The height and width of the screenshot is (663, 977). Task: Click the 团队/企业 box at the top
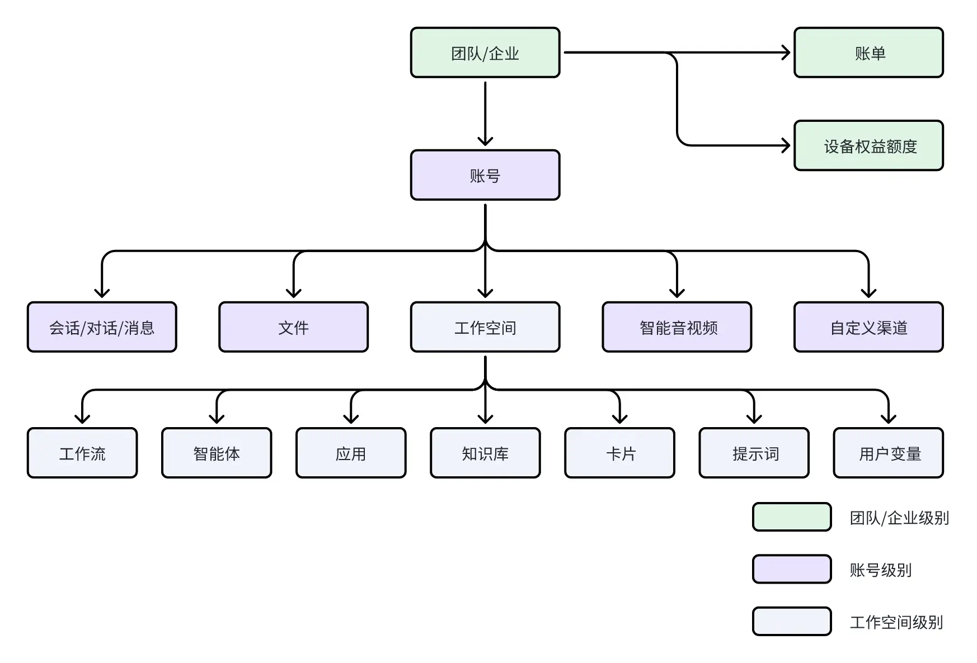pyautogui.click(x=485, y=53)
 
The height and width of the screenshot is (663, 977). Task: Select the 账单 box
pyautogui.click(x=868, y=53)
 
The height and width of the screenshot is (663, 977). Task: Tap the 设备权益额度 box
pyautogui.click(x=868, y=145)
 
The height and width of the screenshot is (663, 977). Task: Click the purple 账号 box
pyautogui.click(x=485, y=175)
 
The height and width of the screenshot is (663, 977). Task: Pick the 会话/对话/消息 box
pyautogui.click(x=102, y=327)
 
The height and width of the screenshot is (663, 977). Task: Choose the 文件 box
pyautogui.click(x=293, y=327)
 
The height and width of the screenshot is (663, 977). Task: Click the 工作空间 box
pyautogui.click(x=485, y=327)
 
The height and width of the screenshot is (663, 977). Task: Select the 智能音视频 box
pyautogui.click(x=677, y=327)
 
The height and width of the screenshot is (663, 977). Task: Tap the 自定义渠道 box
pyautogui.click(x=868, y=327)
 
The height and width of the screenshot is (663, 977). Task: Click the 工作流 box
pyautogui.click(x=82, y=453)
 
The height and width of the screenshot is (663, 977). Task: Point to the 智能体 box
pyautogui.click(x=217, y=453)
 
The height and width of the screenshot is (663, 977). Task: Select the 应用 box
pyautogui.click(x=351, y=453)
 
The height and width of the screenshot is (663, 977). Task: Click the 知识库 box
pyautogui.click(x=485, y=453)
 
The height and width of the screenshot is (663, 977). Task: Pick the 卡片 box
pyautogui.click(x=619, y=453)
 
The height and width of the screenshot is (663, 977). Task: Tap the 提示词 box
pyautogui.click(x=754, y=453)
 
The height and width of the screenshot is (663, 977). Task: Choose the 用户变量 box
pyautogui.click(x=888, y=453)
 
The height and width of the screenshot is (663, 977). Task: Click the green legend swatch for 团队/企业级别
pyautogui.click(x=792, y=517)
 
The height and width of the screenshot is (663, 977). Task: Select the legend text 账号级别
pyautogui.click(x=881, y=570)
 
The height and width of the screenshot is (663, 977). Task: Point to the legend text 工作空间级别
pyautogui.click(x=896, y=622)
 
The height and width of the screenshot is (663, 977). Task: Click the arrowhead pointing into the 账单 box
pyautogui.click(x=786, y=53)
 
